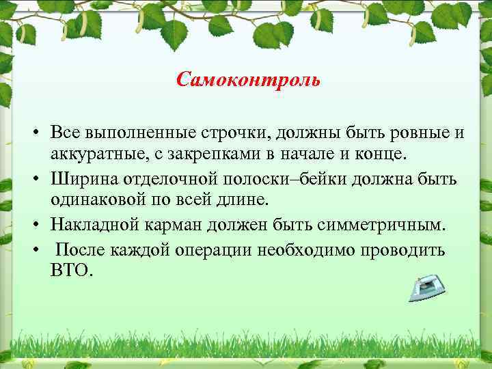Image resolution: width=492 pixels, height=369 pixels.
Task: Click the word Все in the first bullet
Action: click(x=66, y=134)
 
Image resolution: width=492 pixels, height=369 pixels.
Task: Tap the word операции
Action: click(x=210, y=249)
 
